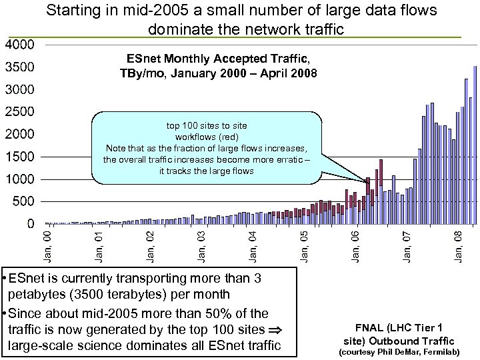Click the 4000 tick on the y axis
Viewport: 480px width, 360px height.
coord(20,45)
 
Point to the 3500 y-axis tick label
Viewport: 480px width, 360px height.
coord(20,67)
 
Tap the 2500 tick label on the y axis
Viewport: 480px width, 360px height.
coord(20,112)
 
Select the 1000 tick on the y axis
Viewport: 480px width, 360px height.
coord(20,179)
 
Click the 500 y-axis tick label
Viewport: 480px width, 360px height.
coord(25,201)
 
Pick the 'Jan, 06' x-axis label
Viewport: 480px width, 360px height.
coord(356,245)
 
